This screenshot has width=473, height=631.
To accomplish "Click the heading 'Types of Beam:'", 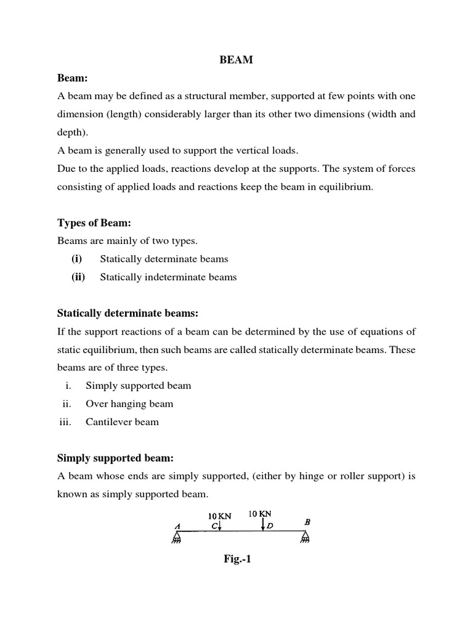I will point(94,223).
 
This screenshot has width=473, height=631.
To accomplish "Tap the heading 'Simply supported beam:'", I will point(116,458).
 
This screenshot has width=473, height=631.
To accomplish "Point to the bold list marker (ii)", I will point(78,277).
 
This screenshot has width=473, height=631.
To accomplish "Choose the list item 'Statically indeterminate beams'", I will point(168,277).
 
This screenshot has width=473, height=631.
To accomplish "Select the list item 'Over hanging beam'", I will point(129,404).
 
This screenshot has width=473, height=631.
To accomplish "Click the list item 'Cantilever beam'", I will point(122,422).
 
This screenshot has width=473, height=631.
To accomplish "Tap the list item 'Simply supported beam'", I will point(138,386).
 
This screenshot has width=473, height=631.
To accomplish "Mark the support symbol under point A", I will point(176,539).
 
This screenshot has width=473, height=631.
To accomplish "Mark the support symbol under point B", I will point(305,539).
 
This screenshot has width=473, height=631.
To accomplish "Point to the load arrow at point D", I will point(264,524).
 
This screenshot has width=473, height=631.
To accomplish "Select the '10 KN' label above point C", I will point(219,516).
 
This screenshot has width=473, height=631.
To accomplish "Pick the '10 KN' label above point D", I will point(260,513).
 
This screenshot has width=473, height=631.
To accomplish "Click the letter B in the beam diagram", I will point(307,522).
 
